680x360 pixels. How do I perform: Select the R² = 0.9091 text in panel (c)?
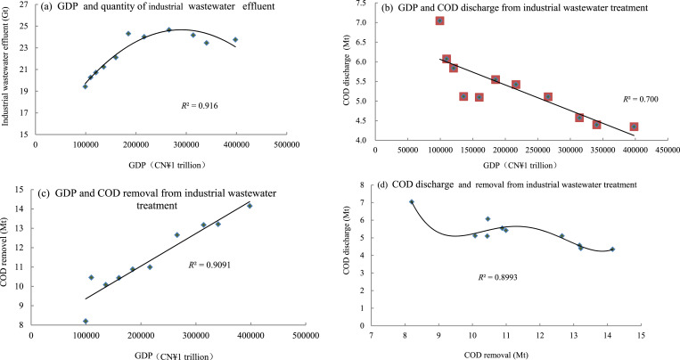[x=210, y=265]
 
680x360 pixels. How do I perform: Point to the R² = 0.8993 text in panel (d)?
[x=494, y=277]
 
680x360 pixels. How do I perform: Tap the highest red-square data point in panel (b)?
[x=440, y=20]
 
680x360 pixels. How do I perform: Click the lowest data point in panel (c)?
[x=86, y=321]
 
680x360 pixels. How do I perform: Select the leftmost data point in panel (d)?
[x=412, y=202]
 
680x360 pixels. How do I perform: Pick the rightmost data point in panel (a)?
[x=235, y=39]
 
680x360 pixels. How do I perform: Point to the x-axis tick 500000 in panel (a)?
[x=286, y=142]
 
